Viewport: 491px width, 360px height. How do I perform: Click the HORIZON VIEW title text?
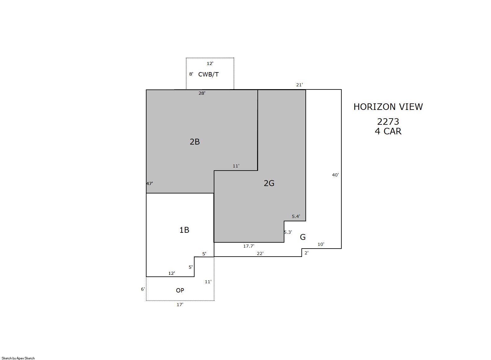[x=388, y=107]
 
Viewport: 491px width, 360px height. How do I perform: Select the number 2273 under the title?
[x=388, y=122]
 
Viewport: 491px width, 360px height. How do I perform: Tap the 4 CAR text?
[x=388, y=131]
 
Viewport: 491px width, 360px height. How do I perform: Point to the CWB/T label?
[x=208, y=75]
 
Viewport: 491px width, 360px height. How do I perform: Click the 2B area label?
[x=195, y=142]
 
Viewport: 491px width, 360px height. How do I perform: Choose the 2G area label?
[x=269, y=183]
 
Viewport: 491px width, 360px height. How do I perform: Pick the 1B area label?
[x=184, y=230]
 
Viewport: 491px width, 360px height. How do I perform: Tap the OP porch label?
[x=180, y=290]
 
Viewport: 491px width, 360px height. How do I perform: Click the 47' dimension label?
[x=150, y=184]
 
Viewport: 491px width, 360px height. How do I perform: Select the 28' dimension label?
[x=202, y=93]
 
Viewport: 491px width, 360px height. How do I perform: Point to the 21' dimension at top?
[x=300, y=85]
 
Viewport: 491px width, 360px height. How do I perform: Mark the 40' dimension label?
[x=335, y=175]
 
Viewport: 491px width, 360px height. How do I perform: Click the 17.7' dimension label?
[x=248, y=246]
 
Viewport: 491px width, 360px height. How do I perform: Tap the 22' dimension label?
[x=260, y=254]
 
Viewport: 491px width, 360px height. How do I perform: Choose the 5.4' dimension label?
[x=296, y=217]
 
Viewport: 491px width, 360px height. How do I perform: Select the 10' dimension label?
[x=321, y=244]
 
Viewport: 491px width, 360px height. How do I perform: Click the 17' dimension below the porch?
[x=180, y=305]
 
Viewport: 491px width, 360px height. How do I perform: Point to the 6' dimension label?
[x=143, y=289]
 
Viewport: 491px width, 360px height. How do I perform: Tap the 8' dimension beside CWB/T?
[x=191, y=74]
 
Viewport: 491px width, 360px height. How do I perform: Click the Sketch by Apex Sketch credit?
[x=18, y=358]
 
